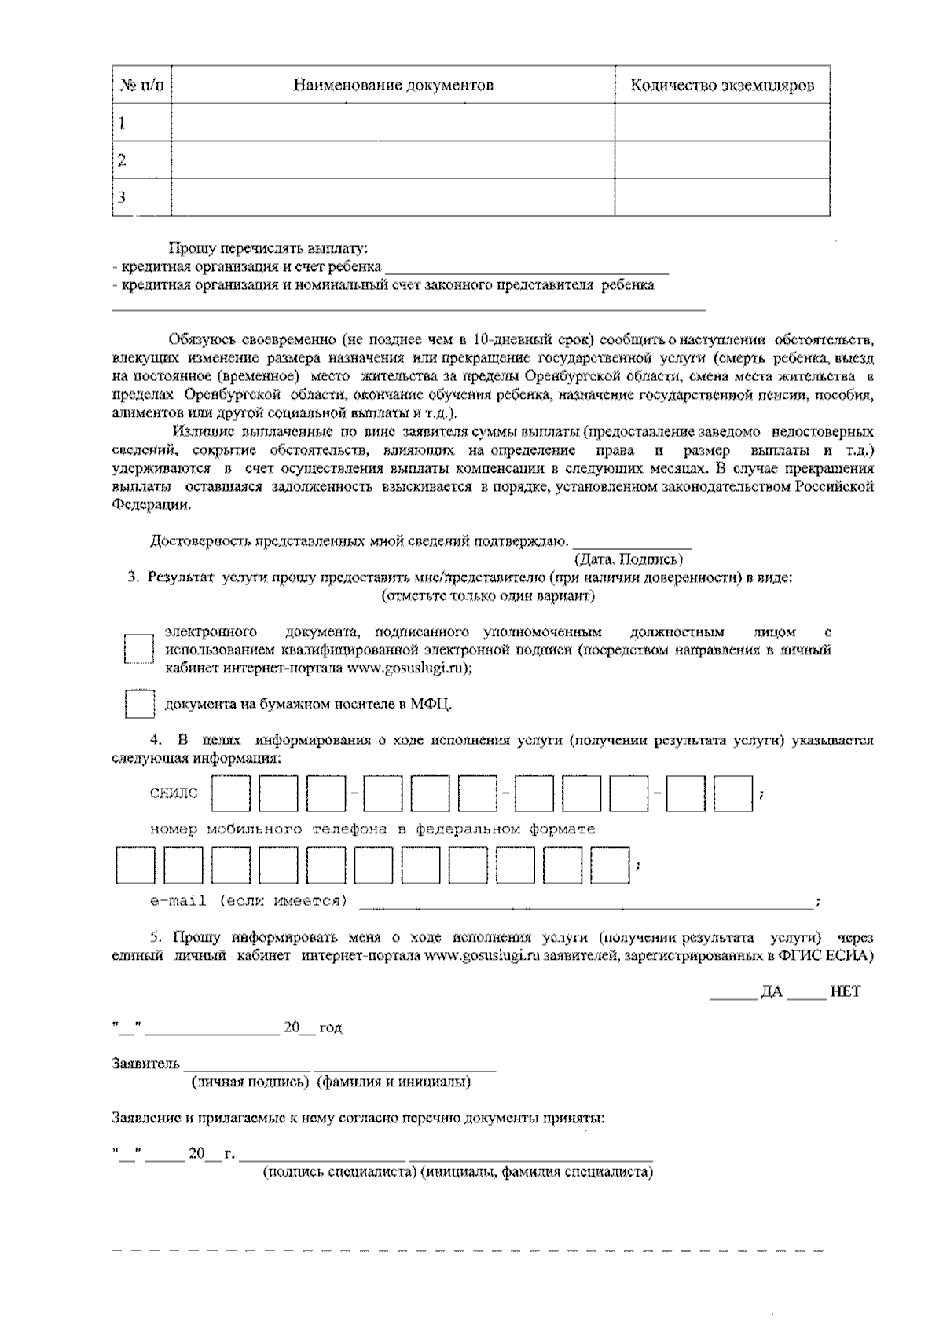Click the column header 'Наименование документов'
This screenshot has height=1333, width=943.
click(x=393, y=85)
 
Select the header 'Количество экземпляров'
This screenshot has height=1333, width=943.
click(x=721, y=85)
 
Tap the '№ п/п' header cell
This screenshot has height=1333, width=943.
click(x=142, y=85)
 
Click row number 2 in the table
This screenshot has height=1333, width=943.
click(x=122, y=160)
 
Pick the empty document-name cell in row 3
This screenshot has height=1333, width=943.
click(x=393, y=197)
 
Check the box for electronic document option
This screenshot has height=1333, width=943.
click(x=138, y=650)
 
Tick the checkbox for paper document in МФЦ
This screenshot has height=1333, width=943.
click(x=140, y=703)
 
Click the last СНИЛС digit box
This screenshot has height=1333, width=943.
click(x=732, y=794)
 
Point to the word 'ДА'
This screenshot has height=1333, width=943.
click(x=772, y=991)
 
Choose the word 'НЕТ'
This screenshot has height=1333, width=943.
click(x=845, y=991)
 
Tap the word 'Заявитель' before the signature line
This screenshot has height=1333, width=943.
click(x=146, y=1064)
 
